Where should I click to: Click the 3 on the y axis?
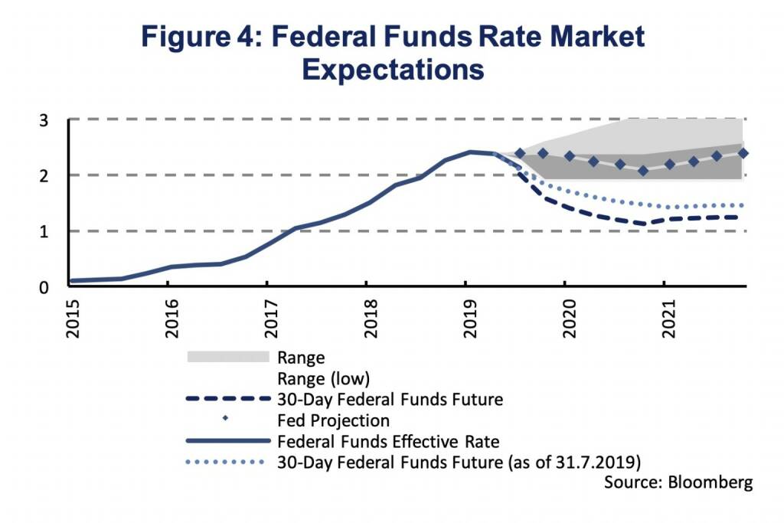click(x=44, y=120)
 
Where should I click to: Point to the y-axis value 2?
click(x=44, y=176)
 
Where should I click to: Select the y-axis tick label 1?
click(x=44, y=231)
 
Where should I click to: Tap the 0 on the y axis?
click(x=44, y=287)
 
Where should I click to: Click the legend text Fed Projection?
click(x=334, y=420)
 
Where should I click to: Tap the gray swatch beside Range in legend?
click(x=227, y=357)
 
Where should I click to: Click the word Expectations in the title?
click(x=393, y=69)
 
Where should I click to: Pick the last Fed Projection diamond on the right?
click(x=743, y=153)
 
